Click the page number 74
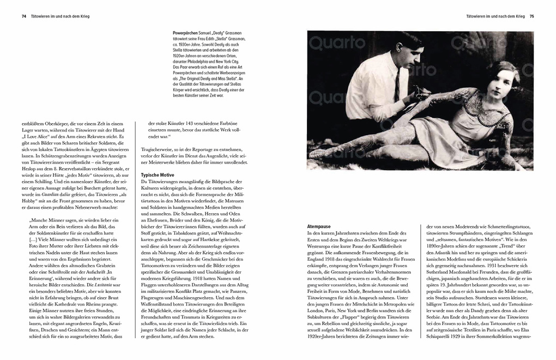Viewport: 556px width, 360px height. click(23, 16)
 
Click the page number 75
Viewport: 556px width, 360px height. click(531, 16)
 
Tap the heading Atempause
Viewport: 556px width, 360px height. click(319, 226)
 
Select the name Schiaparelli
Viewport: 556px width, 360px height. click(452, 337)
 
